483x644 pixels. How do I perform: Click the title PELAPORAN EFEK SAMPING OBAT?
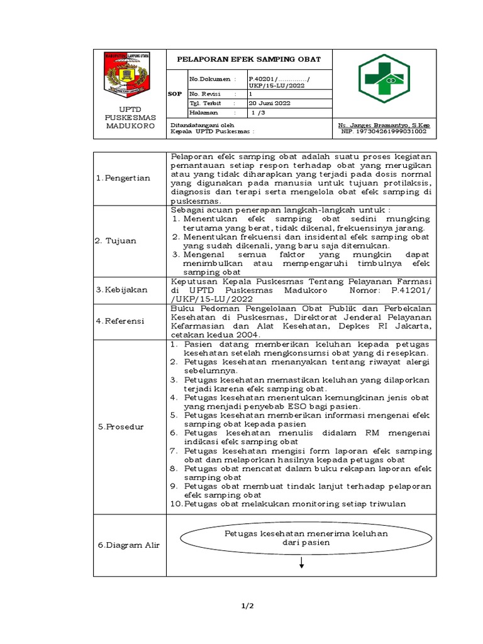tap(248, 59)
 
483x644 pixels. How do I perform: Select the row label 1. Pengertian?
tap(123, 178)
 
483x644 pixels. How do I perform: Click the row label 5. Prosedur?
tap(121, 426)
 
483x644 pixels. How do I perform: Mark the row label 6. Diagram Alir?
tap(128, 545)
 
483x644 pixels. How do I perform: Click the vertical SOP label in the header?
tap(176, 93)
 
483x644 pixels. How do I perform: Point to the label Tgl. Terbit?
tap(203, 103)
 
